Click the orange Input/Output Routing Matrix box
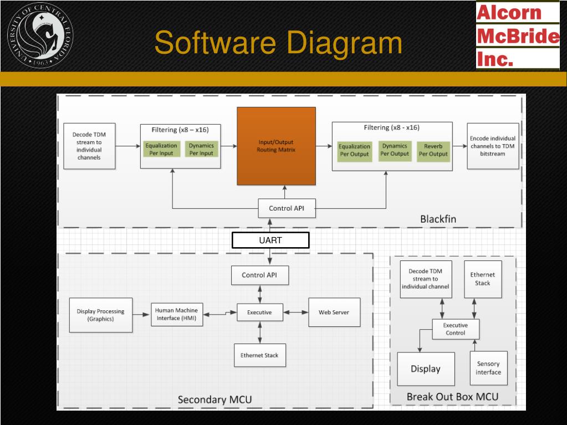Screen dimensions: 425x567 [276, 146]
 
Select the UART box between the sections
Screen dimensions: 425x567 [270, 240]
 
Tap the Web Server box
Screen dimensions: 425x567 [334, 313]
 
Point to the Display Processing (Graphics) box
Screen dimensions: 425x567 [101, 315]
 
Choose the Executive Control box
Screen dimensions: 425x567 [456, 329]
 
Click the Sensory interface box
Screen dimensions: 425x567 [488, 368]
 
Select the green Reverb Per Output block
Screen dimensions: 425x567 [433, 150]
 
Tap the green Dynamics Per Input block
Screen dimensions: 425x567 [201, 149]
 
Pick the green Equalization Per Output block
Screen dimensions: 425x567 [354, 150]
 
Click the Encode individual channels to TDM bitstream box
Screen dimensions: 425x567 [492, 146]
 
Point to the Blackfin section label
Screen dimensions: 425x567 [438, 219]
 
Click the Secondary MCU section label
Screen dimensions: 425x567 [214, 400]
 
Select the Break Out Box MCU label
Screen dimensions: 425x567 [452, 397]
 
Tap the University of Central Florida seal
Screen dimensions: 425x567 [39, 35]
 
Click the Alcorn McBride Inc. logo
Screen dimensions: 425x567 [517, 35]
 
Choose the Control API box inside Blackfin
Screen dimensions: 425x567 [287, 208]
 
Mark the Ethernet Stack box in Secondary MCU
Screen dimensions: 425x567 [259, 355]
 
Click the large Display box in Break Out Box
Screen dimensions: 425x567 [426, 369]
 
